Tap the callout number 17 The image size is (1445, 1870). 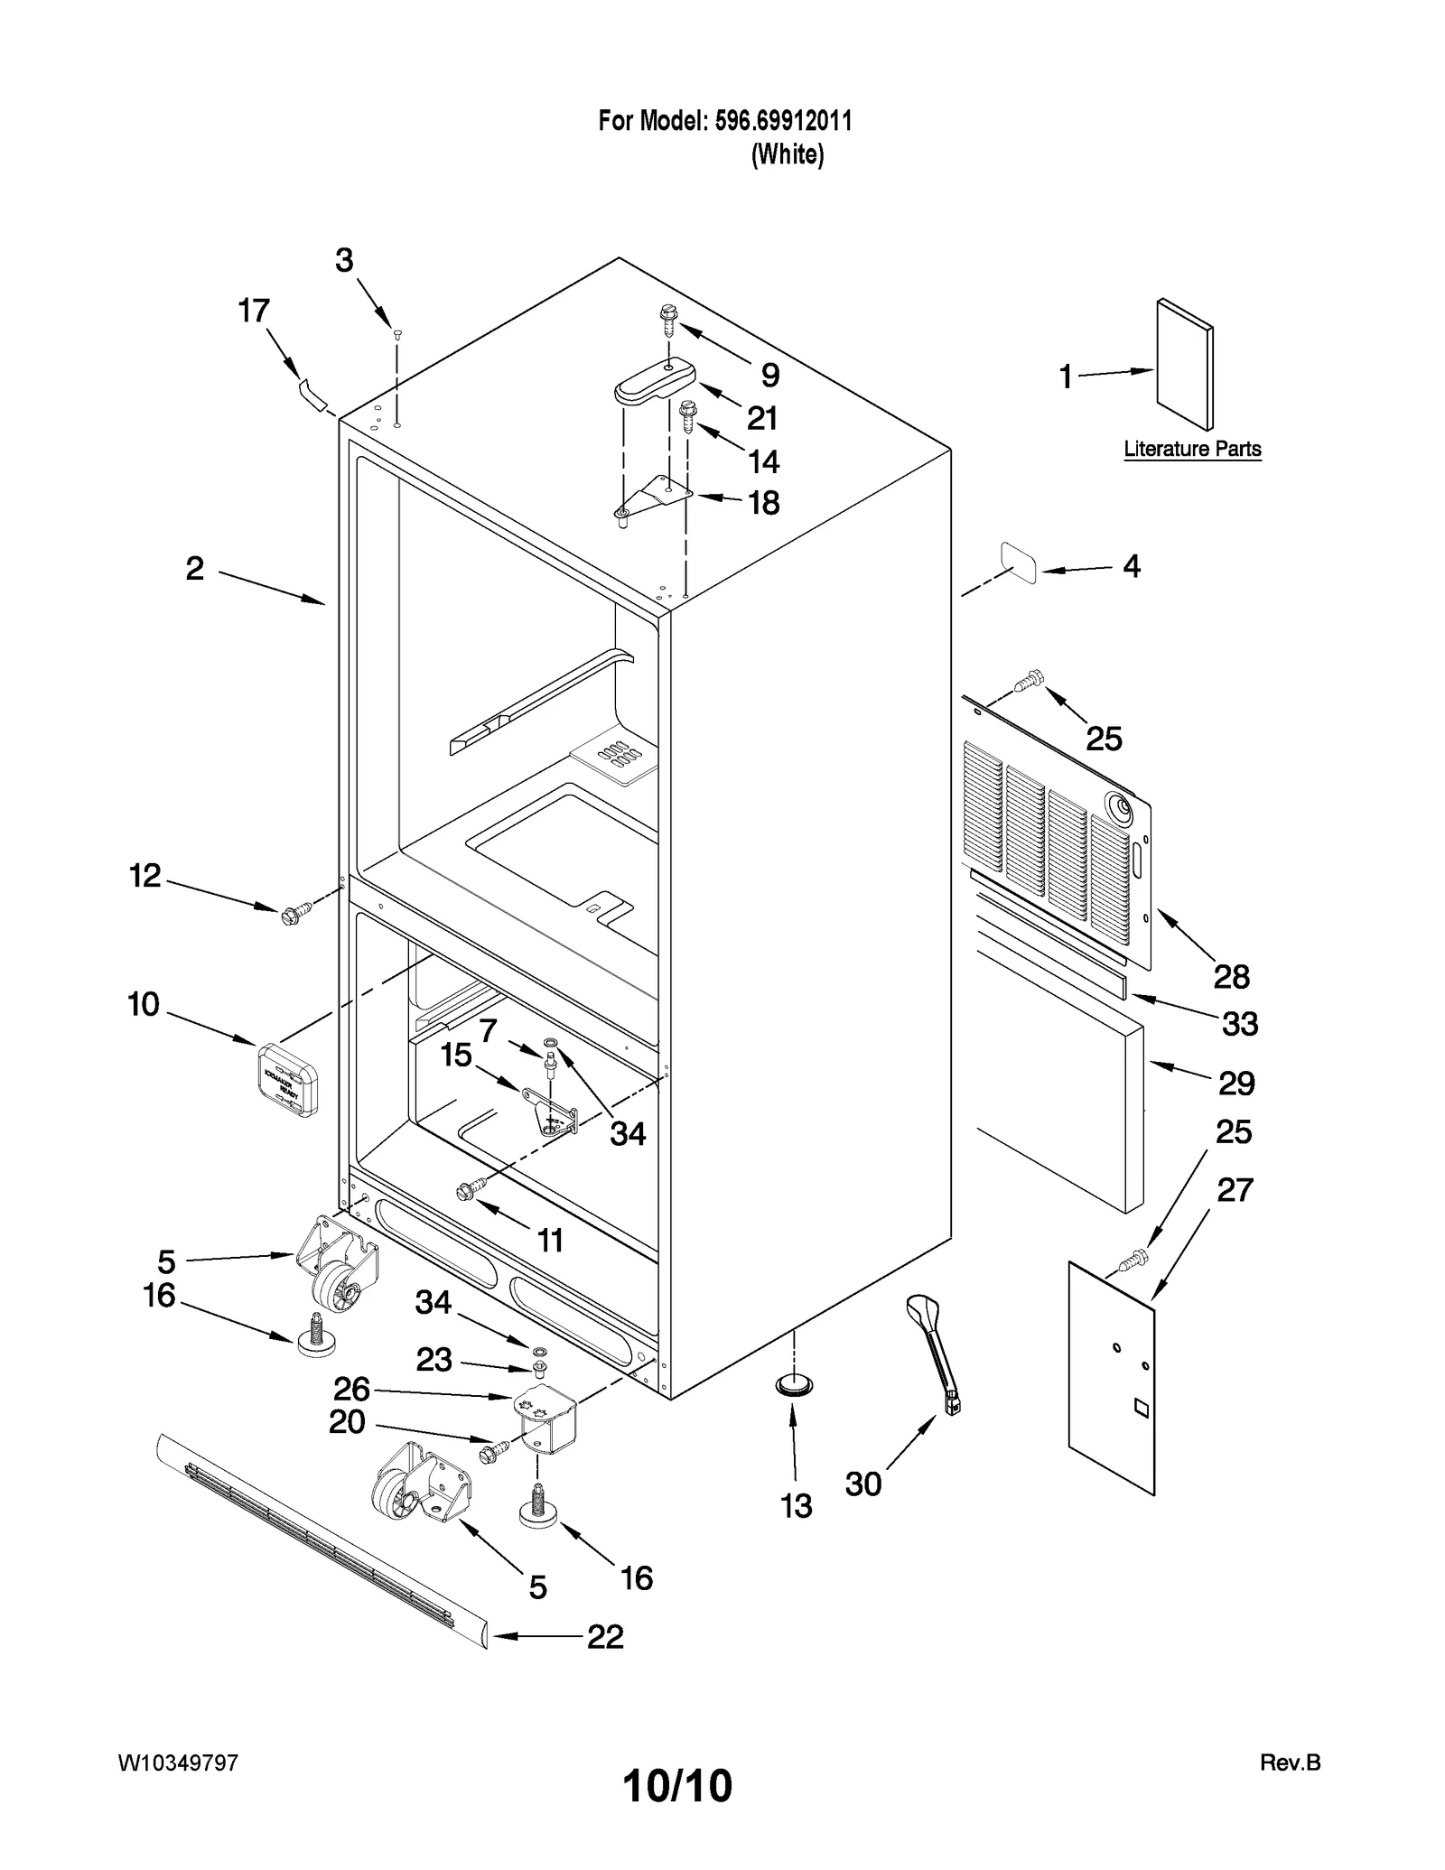(x=254, y=312)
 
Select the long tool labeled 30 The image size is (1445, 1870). (x=935, y=1352)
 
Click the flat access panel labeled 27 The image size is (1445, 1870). (x=1112, y=1377)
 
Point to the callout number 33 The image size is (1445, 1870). (x=1239, y=1024)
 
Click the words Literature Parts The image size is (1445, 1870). (x=1192, y=449)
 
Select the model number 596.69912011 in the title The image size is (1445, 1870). (x=783, y=121)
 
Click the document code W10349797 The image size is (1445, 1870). (x=178, y=1763)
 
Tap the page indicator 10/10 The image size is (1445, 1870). (x=677, y=1785)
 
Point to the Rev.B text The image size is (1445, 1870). (x=1290, y=1763)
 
